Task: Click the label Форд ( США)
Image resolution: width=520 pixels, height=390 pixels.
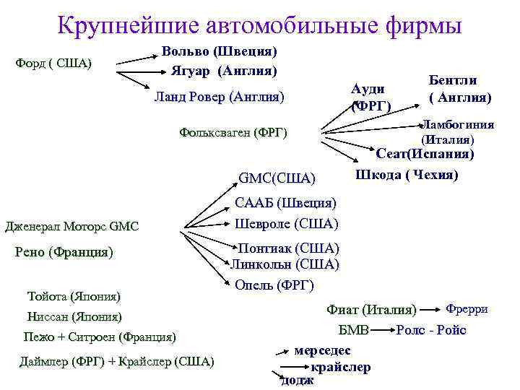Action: click(x=53, y=63)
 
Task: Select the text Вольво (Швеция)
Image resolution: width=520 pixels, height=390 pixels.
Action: click(x=220, y=51)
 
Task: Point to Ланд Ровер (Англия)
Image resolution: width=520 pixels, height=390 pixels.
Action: click(x=220, y=97)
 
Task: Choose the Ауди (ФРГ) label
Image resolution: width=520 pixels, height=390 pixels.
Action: click(x=370, y=97)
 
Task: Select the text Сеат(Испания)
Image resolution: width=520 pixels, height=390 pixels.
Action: click(x=425, y=154)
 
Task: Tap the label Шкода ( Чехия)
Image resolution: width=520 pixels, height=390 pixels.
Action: click(x=407, y=175)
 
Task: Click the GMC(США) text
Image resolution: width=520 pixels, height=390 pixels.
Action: click(x=277, y=178)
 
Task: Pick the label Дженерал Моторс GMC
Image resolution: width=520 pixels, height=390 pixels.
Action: click(x=71, y=227)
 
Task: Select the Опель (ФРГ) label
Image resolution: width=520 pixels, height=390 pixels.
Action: click(x=274, y=285)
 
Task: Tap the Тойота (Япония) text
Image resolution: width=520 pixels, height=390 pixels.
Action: click(x=74, y=296)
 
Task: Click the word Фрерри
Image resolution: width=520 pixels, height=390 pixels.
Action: click(x=467, y=309)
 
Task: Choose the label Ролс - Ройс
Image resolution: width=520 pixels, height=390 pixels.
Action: click(x=431, y=330)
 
